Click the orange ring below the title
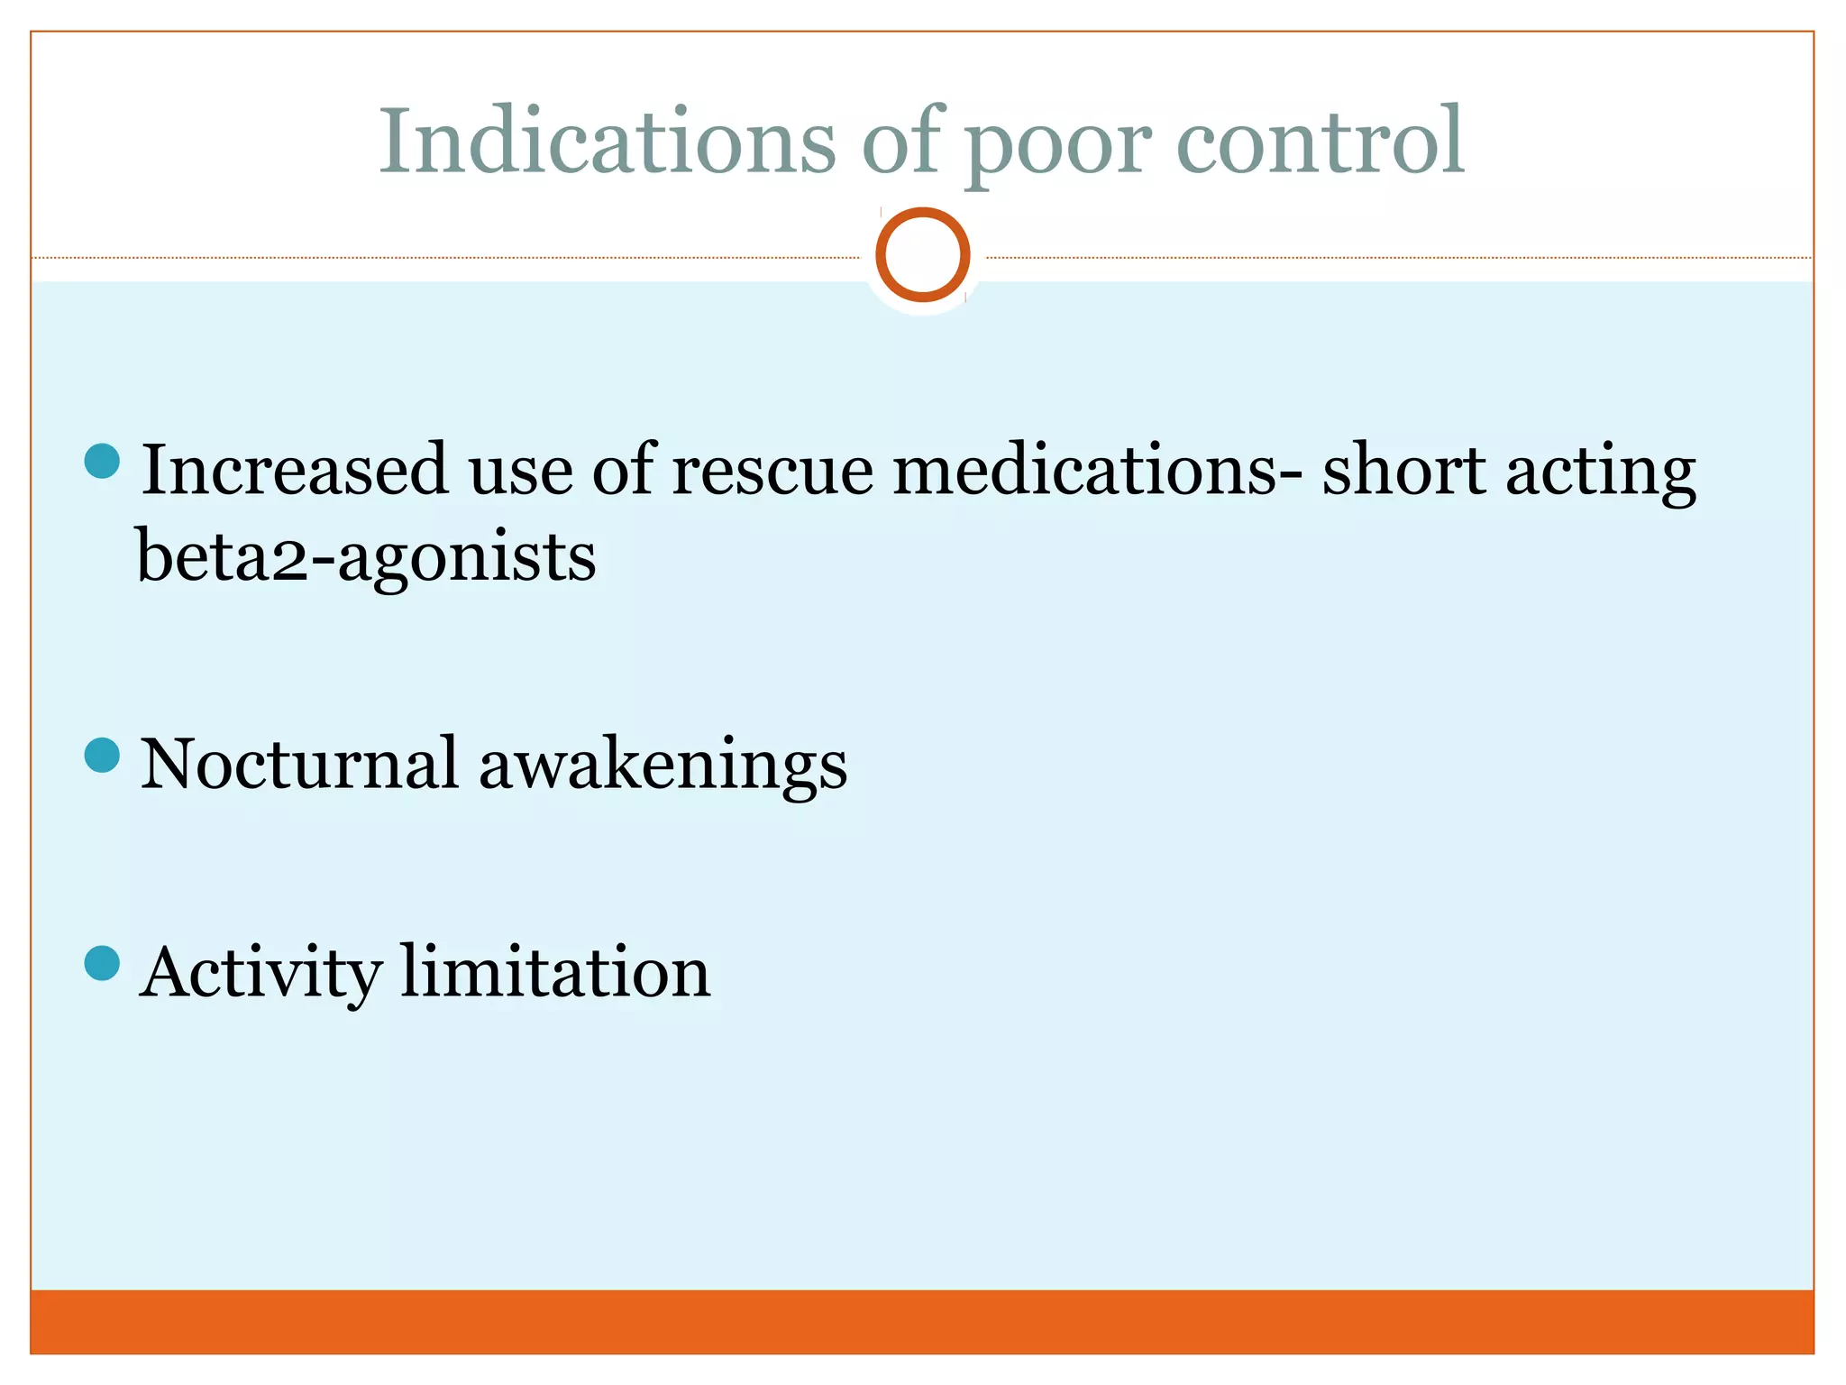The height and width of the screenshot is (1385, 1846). [922, 254]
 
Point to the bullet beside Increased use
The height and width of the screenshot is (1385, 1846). [102, 461]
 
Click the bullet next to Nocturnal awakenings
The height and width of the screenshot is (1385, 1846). [102, 755]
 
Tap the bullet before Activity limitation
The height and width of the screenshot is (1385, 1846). [102, 962]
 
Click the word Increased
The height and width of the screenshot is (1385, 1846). [295, 470]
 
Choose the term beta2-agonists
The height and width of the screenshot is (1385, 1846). [366, 556]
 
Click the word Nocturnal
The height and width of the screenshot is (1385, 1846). [299, 764]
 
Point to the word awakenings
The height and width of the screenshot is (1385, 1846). [663, 766]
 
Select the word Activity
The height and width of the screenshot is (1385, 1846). [260, 974]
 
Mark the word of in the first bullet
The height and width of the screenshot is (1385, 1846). [623, 470]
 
